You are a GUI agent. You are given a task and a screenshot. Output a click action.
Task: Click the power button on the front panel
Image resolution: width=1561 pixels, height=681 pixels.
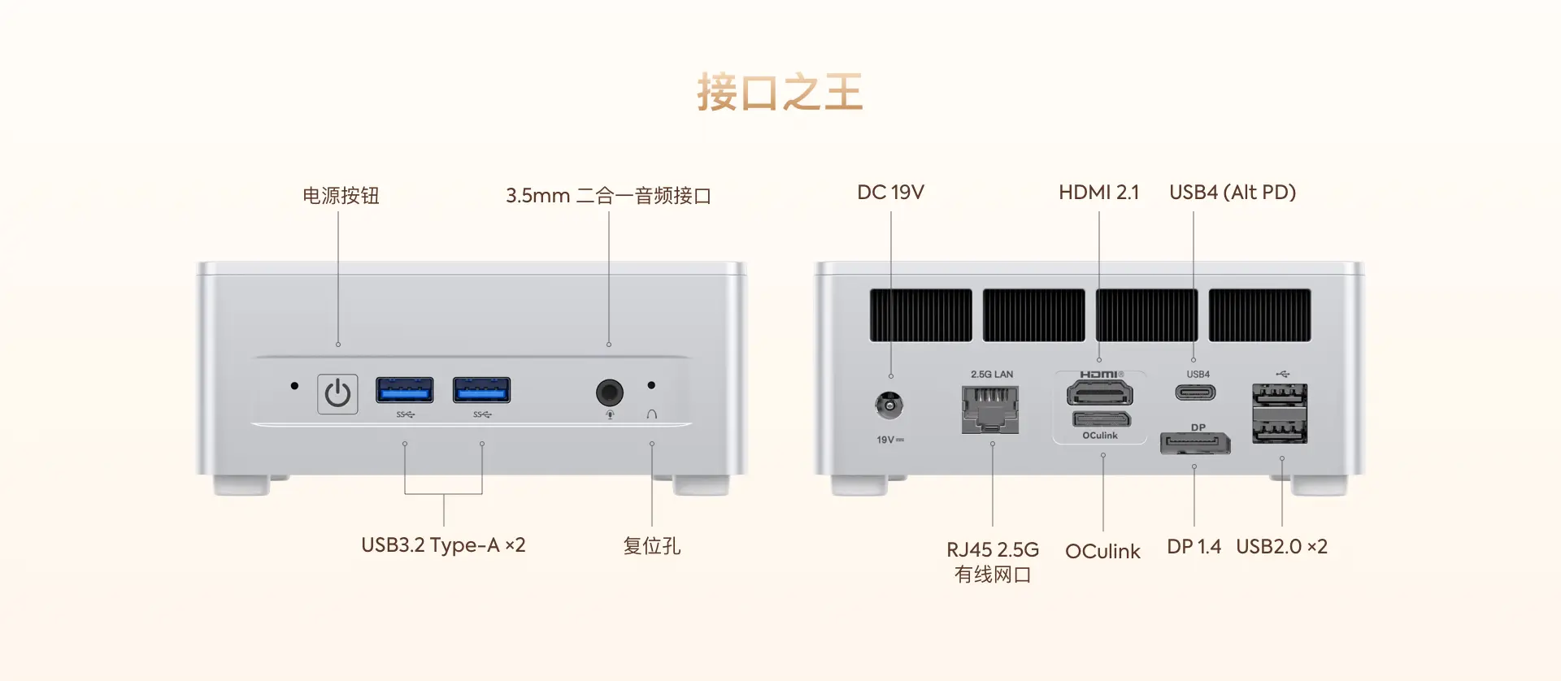click(x=337, y=394)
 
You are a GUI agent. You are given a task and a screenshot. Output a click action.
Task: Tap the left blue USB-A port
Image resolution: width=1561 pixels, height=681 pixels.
click(x=404, y=390)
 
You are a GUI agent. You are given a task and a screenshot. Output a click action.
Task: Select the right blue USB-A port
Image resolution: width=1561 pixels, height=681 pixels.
click(x=481, y=390)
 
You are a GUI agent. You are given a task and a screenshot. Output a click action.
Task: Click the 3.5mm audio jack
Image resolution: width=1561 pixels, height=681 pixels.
click(x=610, y=393)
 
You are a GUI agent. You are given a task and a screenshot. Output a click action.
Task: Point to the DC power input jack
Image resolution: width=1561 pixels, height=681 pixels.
click(x=889, y=405)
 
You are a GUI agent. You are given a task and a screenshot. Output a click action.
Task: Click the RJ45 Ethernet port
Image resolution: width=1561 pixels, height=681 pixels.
click(x=990, y=409)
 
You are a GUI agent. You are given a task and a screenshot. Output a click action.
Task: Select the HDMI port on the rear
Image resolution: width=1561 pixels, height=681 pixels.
click(x=1099, y=393)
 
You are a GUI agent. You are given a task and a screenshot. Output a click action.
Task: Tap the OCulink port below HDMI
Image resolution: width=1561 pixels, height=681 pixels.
click(x=1102, y=419)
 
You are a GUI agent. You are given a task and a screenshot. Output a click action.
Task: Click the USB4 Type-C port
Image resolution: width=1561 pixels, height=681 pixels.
click(x=1195, y=393)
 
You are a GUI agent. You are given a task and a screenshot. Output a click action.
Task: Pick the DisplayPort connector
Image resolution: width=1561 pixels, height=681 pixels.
click(x=1195, y=444)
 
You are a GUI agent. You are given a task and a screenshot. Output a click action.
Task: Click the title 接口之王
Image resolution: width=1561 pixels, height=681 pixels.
click(x=780, y=92)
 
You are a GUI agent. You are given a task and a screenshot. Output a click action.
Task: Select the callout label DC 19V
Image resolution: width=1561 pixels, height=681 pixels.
click(x=890, y=193)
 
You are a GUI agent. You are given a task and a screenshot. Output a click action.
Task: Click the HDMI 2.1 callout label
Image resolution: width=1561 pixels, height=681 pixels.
click(x=1099, y=193)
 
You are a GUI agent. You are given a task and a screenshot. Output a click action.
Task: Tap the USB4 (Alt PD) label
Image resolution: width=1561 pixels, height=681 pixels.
click(x=1233, y=193)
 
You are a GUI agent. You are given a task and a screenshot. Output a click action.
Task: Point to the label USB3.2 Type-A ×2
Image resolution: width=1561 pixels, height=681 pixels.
click(x=443, y=545)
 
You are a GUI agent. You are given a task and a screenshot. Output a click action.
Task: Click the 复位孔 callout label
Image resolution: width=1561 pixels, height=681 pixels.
click(x=652, y=546)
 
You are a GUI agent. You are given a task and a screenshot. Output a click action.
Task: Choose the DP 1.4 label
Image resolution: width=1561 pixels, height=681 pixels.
click(x=1194, y=547)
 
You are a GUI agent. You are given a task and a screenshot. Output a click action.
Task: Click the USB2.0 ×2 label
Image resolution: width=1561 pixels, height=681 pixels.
click(x=1281, y=547)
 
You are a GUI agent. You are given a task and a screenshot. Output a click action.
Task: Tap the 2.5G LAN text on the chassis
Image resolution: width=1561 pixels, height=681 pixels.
click(x=992, y=375)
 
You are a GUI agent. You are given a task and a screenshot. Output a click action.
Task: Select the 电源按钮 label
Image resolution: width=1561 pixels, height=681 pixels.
click(x=341, y=196)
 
